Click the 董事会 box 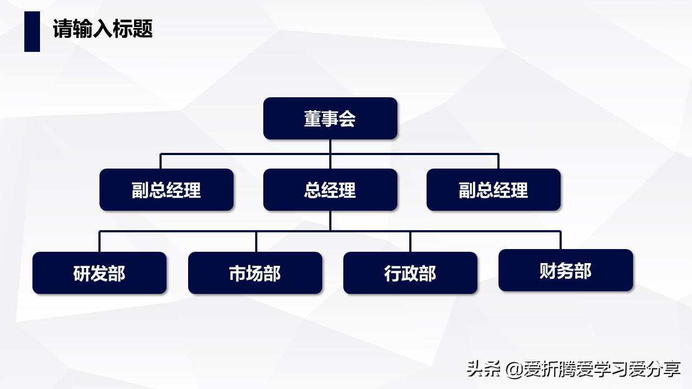330,118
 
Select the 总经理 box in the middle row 330,190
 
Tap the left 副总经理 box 166,190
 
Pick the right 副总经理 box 493,190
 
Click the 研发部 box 99,273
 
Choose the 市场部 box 255,273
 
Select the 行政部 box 410,273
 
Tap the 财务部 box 565,270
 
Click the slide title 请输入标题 103,29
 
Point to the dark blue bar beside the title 32,31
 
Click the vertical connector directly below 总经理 330,220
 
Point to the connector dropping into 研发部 99,242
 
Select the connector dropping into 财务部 560,240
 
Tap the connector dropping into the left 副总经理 161,162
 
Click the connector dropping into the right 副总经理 498,162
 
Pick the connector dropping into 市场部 256,242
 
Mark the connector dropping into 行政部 410,242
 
